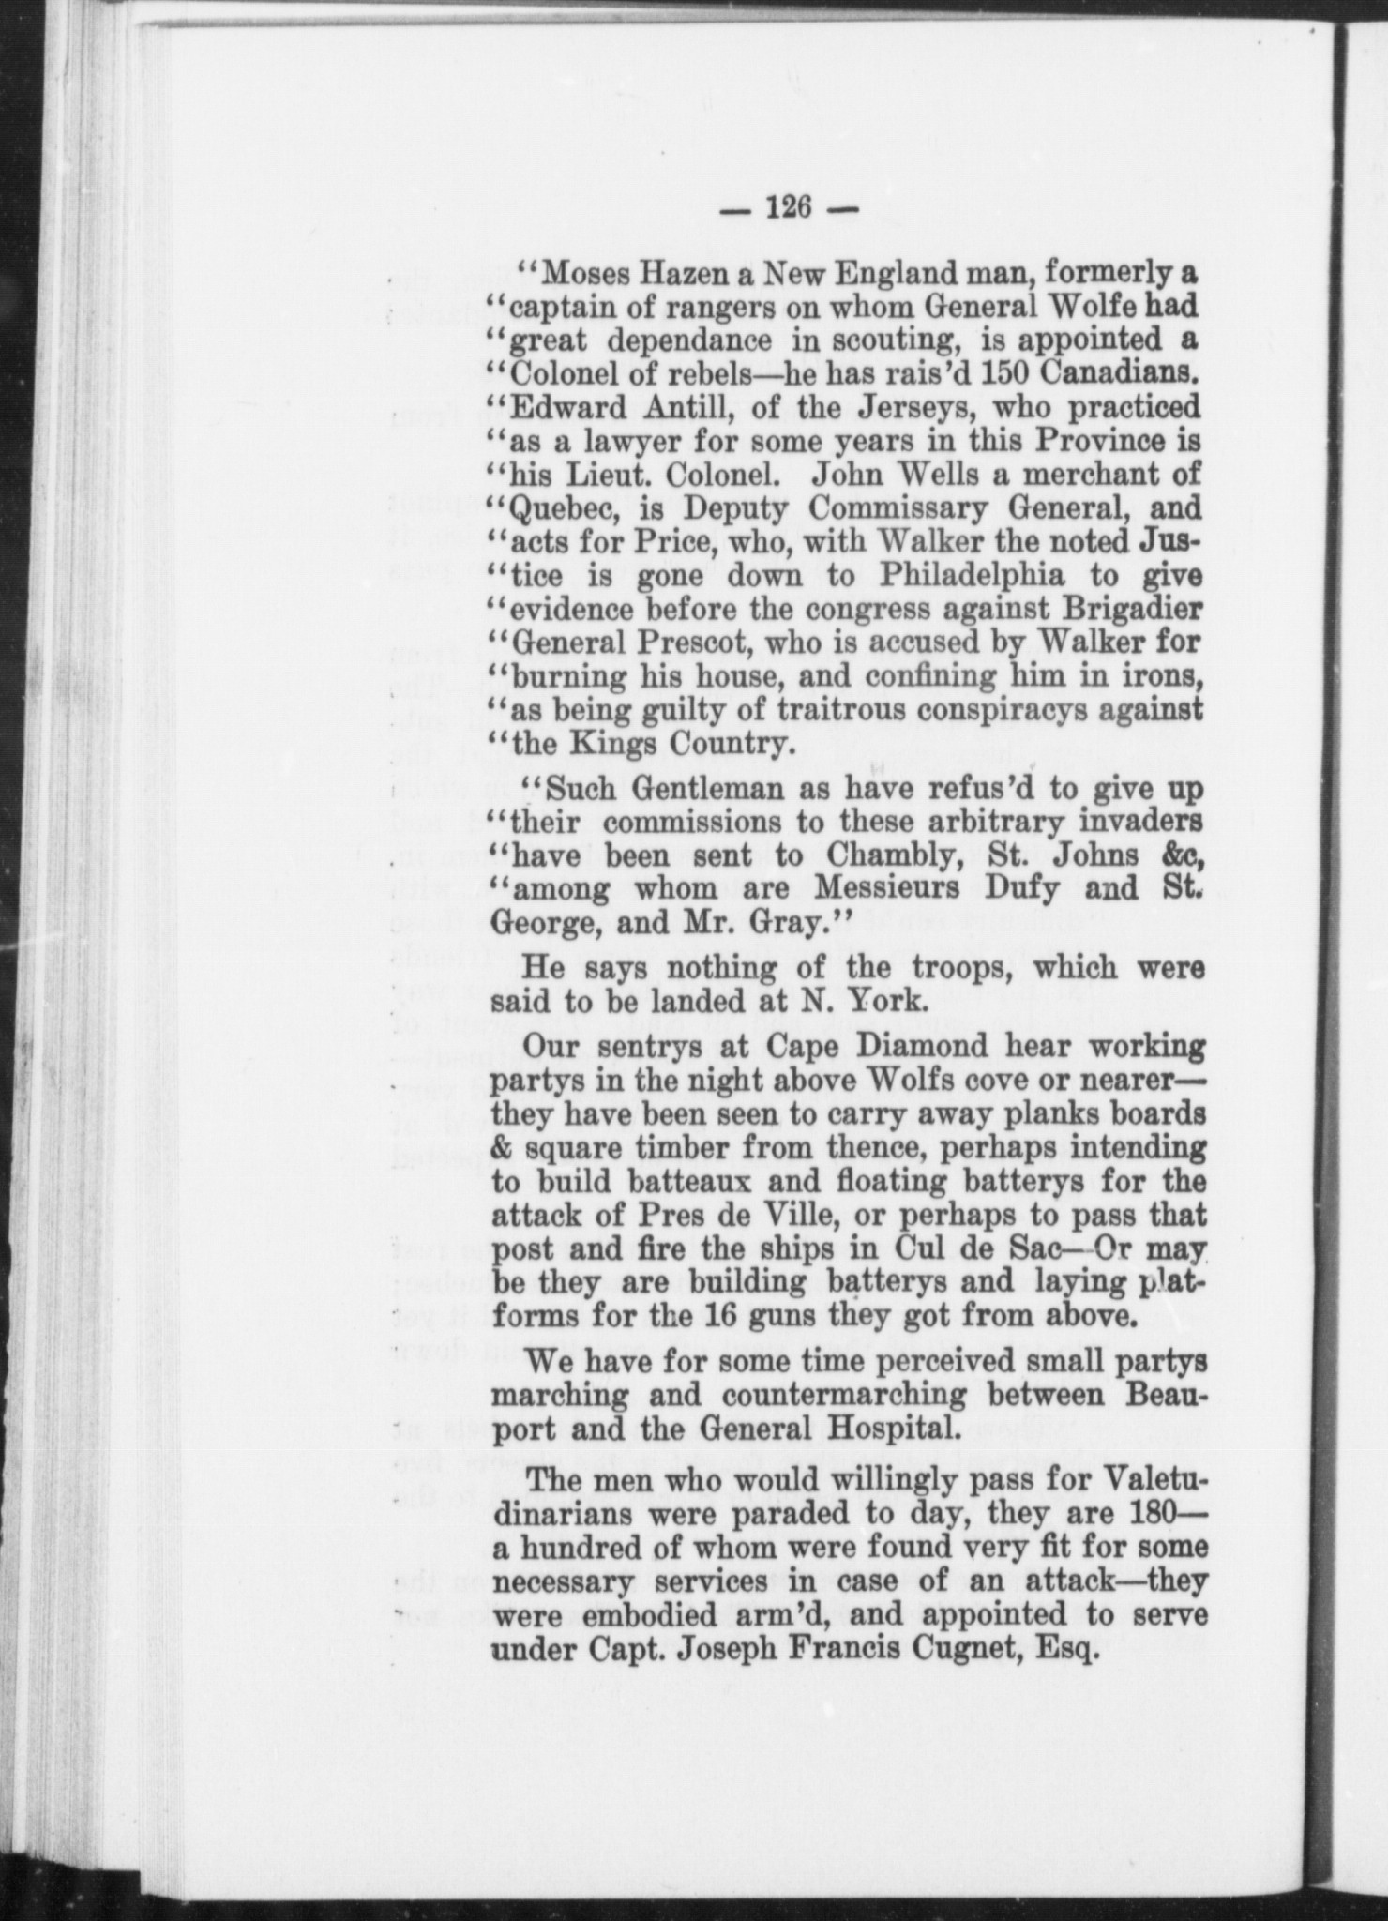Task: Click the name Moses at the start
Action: (x=584, y=275)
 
